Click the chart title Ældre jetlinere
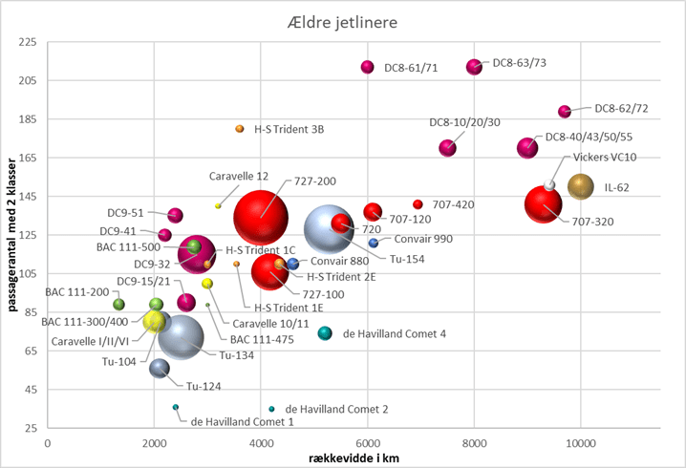(x=342, y=21)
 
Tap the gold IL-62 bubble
(x=581, y=186)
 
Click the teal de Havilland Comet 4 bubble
(x=325, y=332)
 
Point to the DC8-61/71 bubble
(x=367, y=67)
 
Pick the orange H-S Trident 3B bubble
(x=240, y=129)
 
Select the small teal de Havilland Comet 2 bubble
(x=271, y=409)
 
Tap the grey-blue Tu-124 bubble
(x=160, y=369)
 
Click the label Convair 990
(x=418, y=240)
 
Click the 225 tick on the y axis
(x=27, y=43)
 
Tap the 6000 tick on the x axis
(x=368, y=443)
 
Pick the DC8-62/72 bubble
(x=565, y=112)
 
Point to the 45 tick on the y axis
(x=30, y=390)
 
